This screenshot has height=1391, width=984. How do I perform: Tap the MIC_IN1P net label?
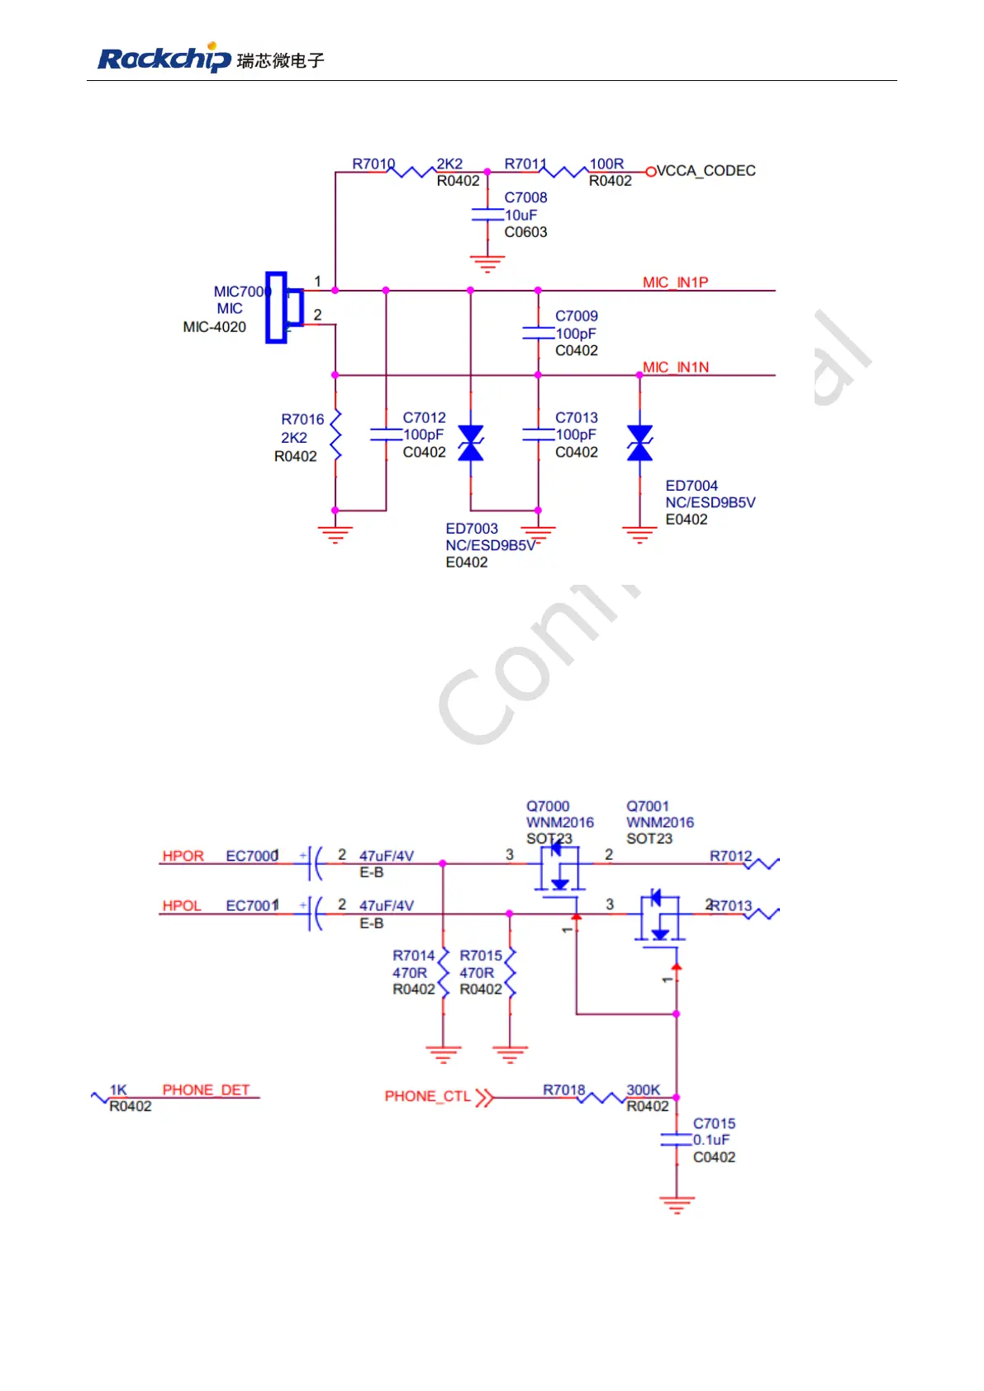tap(675, 282)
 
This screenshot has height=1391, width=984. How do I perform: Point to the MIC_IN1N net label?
tap(676, 368)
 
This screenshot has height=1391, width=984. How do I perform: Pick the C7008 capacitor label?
tap(525, 197)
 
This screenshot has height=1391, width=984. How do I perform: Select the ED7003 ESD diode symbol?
tap(471, 443)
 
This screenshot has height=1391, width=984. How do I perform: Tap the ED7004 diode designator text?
tap(692, 486)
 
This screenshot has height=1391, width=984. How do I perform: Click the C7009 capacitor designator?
tap(576, 316)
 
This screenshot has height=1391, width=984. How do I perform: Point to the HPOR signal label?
tap(183, 856)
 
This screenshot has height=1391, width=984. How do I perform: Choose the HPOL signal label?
tap(182, 905)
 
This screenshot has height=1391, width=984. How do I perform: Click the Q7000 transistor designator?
tap(548, 806)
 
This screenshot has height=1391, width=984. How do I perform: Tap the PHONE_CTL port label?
tap(427, 1096)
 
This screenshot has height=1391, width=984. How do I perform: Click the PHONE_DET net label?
tap(206, 1090)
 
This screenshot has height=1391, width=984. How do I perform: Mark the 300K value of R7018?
tap(643, 1090)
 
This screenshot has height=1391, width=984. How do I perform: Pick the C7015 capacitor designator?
tap(714, 1123)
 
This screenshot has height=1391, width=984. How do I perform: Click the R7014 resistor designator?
tap(413, 956)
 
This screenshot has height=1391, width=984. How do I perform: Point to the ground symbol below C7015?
tap(677, 1203)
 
